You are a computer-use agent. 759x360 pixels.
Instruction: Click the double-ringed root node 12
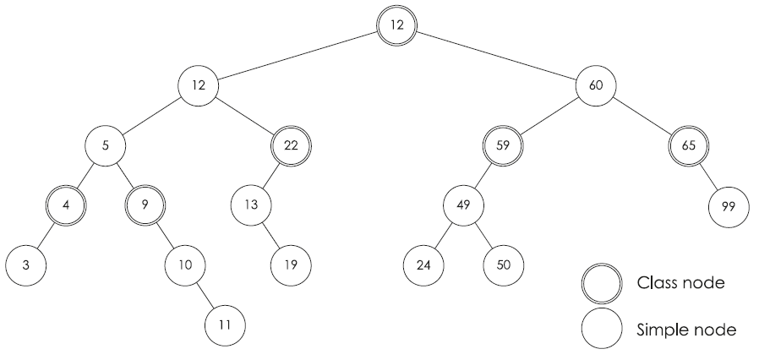click(x=396, y=25)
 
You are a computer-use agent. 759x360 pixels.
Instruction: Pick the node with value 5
click(x=106, y=145)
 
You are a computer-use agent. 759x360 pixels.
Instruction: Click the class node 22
click(x=291, y=145)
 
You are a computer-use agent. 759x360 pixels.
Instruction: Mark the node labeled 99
click(x=729, y=205)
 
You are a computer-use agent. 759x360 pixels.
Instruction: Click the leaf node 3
click(x=26, y=265)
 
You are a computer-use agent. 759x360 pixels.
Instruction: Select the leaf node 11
click(x=225, y=324)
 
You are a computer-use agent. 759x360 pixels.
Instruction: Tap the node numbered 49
click(x=464, y=205)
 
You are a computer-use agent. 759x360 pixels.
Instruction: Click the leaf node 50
click(x=504, y=265)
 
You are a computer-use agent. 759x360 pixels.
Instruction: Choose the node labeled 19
click(x=291, y=265)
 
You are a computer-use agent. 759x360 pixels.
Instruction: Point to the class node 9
click(x=145, y=205)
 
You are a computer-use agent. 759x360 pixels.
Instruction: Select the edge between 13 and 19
click(x=271, y=234)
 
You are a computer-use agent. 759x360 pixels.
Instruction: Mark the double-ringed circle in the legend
click(x=602, y=282)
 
